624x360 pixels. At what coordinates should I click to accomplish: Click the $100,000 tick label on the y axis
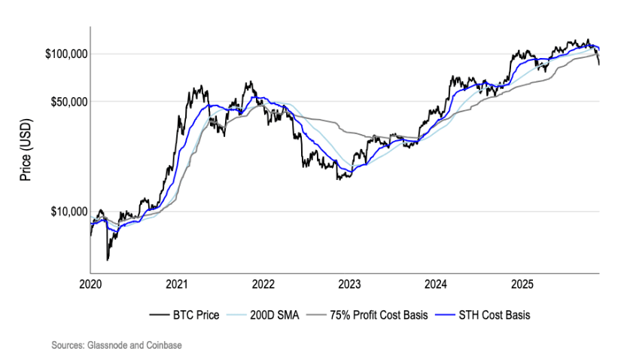click(x=67, y=54)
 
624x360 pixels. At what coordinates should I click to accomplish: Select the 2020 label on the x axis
click(x=90, y=285)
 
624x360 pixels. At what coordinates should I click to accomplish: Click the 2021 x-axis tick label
click(x=177, y=285)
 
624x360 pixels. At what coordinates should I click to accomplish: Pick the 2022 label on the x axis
click(x=263, y=285)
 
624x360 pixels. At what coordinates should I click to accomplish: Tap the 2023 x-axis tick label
click(x=350, y=285)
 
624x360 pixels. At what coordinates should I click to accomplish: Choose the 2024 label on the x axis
click(x=436, y=285)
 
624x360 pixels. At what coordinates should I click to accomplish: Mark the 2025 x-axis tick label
click(x=522, y=285)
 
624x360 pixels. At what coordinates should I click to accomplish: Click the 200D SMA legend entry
click(x=273, y=316)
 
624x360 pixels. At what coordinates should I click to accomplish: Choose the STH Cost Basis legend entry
click(x=494, y=316)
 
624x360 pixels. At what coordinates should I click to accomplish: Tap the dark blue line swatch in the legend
click(x=445, y=316)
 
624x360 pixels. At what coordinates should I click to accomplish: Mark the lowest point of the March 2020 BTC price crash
click(x=108, y=260)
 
